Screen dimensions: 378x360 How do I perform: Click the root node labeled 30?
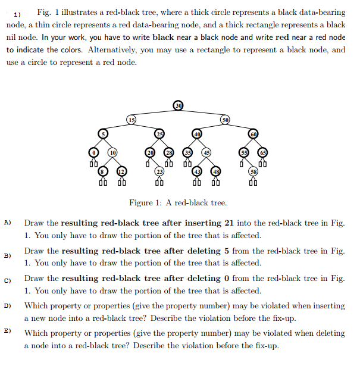[x=178, y=106]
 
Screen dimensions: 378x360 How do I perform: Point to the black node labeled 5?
[x=104, y=133]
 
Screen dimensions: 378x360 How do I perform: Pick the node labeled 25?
[x=159, y=133]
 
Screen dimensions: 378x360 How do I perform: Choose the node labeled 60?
[x=253, y=133]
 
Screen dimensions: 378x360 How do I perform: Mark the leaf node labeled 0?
[x=92, y=152]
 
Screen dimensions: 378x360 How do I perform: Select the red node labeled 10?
[x=111, y=152]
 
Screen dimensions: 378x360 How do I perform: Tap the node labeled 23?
[x=159, y=171]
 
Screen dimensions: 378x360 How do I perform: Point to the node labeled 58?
[x=254, y=171]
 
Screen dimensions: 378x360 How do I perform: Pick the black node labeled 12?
[x=121, y=171]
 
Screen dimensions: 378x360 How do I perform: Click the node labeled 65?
[x=263, y=152]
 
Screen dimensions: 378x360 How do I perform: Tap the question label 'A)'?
[x=8, y=223]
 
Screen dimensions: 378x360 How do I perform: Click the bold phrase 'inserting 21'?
[x=200, y=223]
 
